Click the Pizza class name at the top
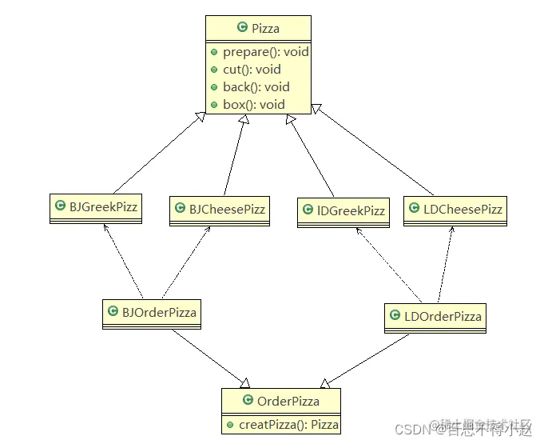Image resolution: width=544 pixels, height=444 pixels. (x=265, y=29)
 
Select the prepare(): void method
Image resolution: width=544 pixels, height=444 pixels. (x=265, y=52)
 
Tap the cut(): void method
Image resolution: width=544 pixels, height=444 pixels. (x=252, y=70)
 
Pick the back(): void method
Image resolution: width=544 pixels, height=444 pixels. (x=256, y=86)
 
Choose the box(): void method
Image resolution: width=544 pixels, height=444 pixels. (x=253, y=104)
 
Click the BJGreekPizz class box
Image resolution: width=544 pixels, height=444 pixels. (x=96, y=207)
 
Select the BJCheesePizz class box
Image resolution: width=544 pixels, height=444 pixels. (x=219, y=210)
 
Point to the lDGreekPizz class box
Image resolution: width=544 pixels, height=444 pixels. (x=342, y=212)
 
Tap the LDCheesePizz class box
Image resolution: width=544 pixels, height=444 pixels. (x=455, y=210)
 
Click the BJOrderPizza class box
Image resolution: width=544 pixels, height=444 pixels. (x=151, y=313)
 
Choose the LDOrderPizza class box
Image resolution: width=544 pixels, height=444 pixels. (x=435, y=317)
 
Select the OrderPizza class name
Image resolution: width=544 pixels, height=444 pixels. (x=288, y=401)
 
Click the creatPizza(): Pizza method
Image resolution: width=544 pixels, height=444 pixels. (x=288, y=424)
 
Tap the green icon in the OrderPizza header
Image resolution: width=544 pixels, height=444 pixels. (x=248, y=401)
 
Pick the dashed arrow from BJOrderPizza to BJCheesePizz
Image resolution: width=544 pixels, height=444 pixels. (x=186, y=260)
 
